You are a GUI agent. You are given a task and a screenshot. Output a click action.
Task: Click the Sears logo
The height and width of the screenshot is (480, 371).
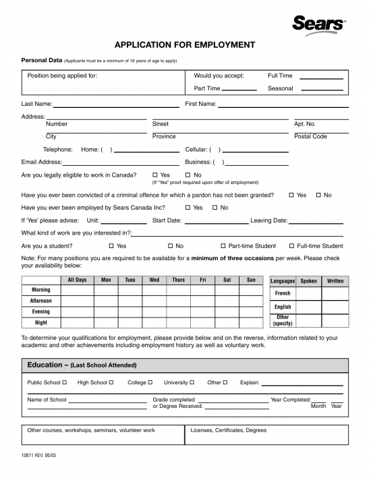(318, 24)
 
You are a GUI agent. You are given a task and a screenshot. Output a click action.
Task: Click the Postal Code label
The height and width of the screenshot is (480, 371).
(310, 137)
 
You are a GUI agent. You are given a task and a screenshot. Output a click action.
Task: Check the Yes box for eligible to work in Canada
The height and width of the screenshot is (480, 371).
(155, 175)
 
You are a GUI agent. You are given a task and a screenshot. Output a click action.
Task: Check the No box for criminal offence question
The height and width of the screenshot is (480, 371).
(318, 195)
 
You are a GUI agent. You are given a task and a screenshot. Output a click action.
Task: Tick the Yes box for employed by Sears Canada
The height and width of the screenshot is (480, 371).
(188, 208)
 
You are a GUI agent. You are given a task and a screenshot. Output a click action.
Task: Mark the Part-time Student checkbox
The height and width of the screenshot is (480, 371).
(223, 246)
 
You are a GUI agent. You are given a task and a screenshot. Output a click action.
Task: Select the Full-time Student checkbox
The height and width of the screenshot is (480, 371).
(291, 246)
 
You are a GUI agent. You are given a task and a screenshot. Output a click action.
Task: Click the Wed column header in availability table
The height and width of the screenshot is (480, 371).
(154, 280)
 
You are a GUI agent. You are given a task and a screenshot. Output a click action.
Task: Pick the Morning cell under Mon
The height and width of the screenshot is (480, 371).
(106, 291)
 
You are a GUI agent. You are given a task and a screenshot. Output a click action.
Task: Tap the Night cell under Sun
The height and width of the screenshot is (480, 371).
(251, 323)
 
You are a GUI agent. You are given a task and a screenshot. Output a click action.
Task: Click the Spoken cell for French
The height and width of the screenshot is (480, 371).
(308, 294)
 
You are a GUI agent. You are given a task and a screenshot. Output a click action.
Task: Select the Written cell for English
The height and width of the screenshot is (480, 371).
(335, 307)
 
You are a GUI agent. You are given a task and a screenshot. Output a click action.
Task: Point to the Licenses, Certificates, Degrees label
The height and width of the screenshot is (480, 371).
(229, 430)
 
